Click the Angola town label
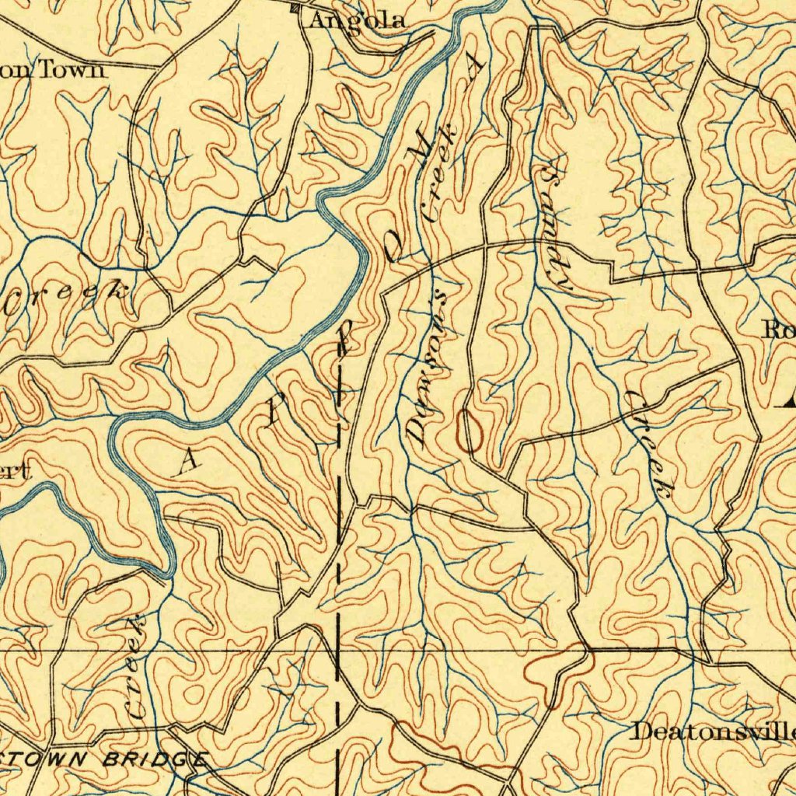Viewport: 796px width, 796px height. (357, 21)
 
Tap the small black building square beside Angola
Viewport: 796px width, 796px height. (294, 9)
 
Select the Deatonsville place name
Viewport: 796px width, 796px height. (714, 731)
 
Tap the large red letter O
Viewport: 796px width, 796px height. (470, 432)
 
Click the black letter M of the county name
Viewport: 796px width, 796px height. (421, 147)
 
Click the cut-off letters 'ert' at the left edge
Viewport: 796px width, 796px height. (15, 471)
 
